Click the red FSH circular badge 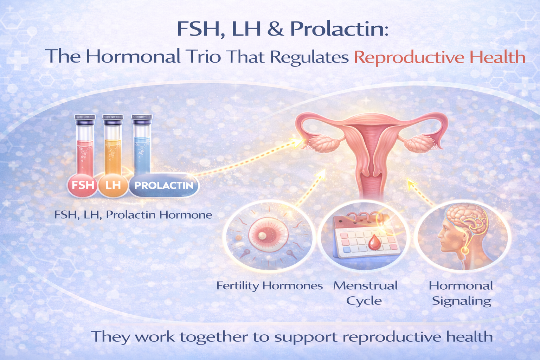(x=83, y=185)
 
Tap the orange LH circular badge (x=113, y=185)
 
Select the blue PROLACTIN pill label (x=164, y=185)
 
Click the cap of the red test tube (x=85, y=120)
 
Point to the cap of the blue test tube (x=142, y=119)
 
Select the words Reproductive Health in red (x=439, y=57)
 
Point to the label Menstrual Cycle (x=365, y=293)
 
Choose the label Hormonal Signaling (x=461, y=293)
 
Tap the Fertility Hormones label (x=269, y=285)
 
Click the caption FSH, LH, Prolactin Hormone (x=133, y=214)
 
